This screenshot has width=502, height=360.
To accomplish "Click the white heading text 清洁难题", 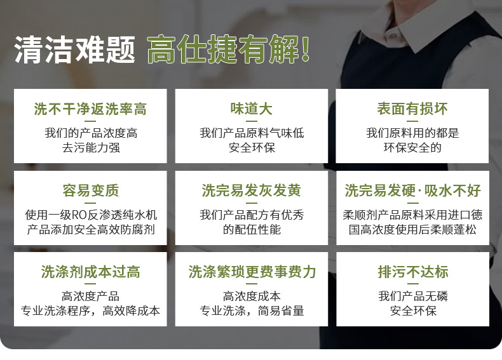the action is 74,50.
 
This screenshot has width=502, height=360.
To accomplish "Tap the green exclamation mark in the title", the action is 305,49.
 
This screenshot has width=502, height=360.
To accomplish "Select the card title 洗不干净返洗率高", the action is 90,109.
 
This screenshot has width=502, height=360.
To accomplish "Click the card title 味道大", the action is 252,109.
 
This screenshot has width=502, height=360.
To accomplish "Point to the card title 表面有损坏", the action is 412,109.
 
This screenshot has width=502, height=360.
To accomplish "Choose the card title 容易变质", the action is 91,190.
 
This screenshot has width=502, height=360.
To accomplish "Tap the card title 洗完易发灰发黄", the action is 252,190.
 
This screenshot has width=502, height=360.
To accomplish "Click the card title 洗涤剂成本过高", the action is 91,272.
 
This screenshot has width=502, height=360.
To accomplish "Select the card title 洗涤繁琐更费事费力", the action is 252,272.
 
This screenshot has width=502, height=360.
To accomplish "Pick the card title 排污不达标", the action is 413,272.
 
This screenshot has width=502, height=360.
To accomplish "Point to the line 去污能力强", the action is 91,147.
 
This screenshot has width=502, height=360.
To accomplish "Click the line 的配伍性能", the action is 252,229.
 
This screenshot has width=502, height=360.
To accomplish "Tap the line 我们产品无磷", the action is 413,296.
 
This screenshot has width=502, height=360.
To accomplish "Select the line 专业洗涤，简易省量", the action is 252,310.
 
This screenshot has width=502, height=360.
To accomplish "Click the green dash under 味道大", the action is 252,121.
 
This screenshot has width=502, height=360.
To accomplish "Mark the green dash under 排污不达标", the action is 413,284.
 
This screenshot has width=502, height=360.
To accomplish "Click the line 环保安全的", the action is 412,147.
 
